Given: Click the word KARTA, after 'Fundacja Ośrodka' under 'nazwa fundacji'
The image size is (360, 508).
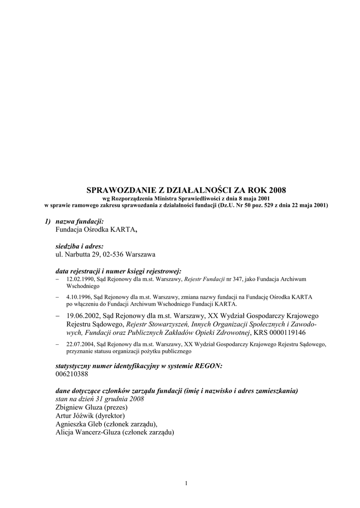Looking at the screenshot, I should pyautogui.click(x=124, y=230).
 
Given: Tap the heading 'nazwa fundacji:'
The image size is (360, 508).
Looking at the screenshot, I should pyautogui.click(x=79, y=221).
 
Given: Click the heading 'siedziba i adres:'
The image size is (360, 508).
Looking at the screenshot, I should pyautogui.click(x=79, y=246).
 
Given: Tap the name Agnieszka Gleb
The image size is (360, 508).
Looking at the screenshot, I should pyautogui.click(x=79, y=424).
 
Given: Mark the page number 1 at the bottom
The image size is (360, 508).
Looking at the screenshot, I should pyautogui.click(x=186, y=483).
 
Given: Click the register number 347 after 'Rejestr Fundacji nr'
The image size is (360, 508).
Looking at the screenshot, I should pyautogui.click(x=231, y=280).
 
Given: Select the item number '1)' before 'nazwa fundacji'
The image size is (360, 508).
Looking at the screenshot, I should pyautogui.click(x=48, y=221).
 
